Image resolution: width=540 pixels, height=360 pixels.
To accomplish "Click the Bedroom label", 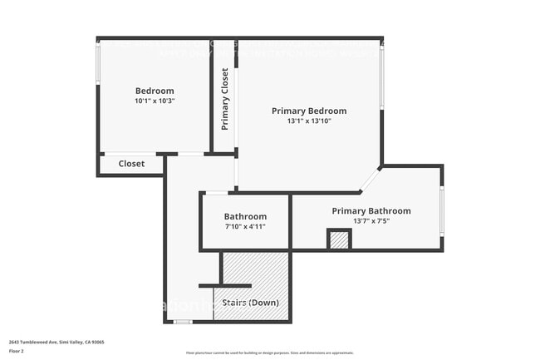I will pyautogui.click(x=155, y=91).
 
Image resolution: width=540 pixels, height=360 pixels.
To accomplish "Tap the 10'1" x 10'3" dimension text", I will pyautogui.click(x=155, y=101).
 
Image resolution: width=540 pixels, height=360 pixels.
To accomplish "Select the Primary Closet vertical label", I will pyautogui.click(x=224, y=99).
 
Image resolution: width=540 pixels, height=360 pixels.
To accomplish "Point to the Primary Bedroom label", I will pyautogui.click(x=309, y=111).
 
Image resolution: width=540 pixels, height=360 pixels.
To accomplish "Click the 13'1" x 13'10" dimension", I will pyautogui.click(x=309, y=121).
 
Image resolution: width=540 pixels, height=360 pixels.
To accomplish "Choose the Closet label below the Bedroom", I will pyautogui.click(x=131, y=164).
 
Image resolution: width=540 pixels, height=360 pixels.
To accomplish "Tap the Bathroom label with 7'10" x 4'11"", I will pyautogui.click(x=245, y=216).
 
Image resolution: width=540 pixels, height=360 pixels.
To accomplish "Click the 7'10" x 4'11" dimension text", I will pyautogui.click(x=245, y=226).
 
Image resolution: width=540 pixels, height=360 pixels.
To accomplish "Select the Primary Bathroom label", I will pyautogui.click(x=371, y=211).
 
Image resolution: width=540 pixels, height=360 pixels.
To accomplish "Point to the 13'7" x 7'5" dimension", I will pyautogui.click(x=371, y=221).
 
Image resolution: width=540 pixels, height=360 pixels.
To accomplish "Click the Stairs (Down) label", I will pyautogui.click(x=251, y=302).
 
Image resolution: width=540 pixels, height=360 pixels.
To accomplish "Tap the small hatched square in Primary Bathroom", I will pyautogui.click(x=338, y=240).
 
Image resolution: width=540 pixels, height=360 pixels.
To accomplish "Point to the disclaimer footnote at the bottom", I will pyautogui.click(x=269, y=353).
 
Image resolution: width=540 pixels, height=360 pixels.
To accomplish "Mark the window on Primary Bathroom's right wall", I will pyautogui.click(x=441, y=210).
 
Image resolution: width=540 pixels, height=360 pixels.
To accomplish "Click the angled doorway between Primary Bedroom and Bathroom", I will pyautogui.click(x=371, y=179).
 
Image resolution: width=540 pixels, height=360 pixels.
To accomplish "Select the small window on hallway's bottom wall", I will pyautogui.click(x=183, y=321).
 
